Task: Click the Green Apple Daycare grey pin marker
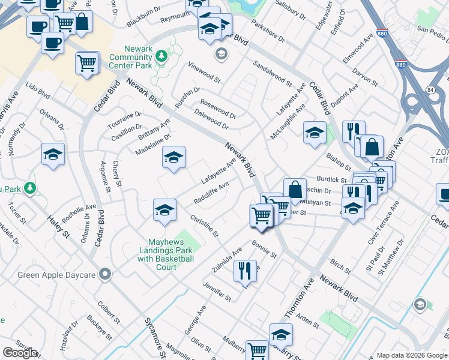tap(106, 275)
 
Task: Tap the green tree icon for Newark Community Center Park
tap(161, 56)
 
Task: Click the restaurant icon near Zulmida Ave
tap(244, 270)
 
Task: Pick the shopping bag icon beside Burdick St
tap(295, 189)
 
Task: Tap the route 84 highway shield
tap(430, 89)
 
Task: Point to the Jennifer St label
tap(217, 291)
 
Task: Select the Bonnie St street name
tap(264, 250)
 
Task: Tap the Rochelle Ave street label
tap(78, 214)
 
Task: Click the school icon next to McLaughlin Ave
tap(315, 132)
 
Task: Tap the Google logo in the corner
tap(20, 353)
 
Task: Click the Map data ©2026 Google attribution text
tap(411, 355)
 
